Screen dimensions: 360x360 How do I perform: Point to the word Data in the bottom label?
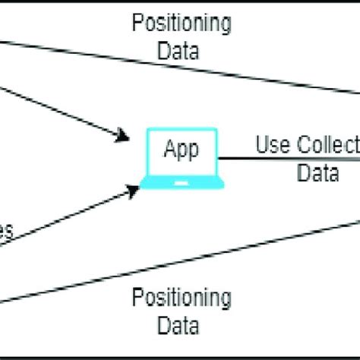(x=181, y=327)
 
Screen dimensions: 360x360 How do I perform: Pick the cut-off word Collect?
(x=327, y=145)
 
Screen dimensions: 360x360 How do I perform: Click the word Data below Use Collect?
(x=317, y=174)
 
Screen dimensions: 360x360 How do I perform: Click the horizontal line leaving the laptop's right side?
(x=289, y=159)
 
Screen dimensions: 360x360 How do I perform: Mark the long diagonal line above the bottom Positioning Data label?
(x=228, y=259)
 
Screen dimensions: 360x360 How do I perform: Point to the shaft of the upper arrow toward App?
(x=61, y=110)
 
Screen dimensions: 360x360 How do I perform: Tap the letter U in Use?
(x=261, y=145)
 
